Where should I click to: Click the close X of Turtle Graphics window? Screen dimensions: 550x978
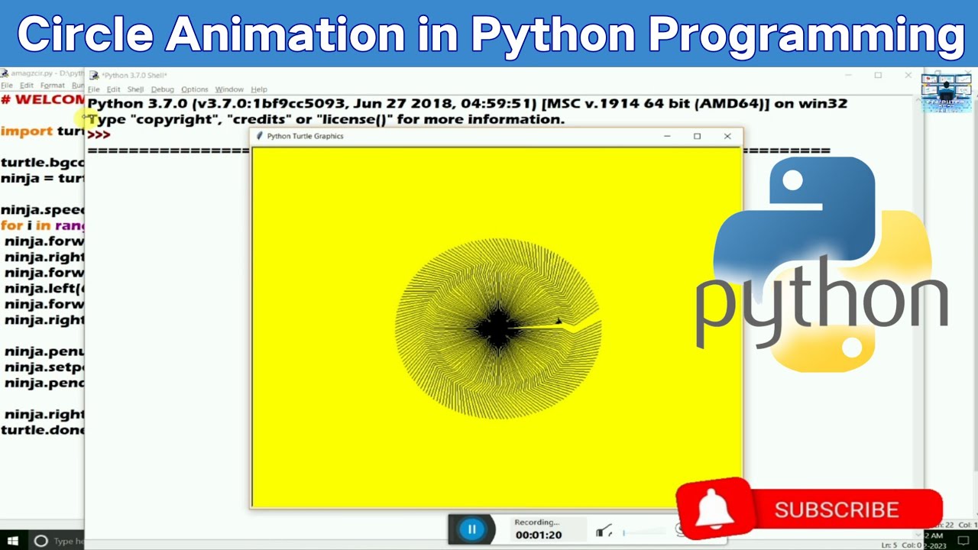(x=727, y=136)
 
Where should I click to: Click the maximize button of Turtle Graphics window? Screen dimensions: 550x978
(x=697, y=136)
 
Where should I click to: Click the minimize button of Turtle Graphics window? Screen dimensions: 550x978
(x=667, y=136)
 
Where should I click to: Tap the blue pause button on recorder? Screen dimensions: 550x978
(x=471, y=529)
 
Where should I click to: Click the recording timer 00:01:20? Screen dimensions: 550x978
(x=538, y=535)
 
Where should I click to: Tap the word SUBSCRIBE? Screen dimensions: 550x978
(x=836, y=510)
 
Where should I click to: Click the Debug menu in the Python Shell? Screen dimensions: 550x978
(x=162, y=89)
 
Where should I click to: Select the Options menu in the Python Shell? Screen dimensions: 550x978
(x=194, y=89)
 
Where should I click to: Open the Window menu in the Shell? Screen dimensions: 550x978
(x=228, y=89)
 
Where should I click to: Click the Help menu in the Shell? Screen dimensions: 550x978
(x=259, y=89)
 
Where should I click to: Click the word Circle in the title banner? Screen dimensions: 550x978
(x=84, y=34)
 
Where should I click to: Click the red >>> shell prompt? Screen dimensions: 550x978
(x=99, y=134)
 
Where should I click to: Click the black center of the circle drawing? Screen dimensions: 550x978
(x=497, y=328)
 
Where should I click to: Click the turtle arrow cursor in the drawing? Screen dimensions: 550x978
(x=559, y=322)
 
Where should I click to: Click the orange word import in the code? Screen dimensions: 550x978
(x=27, y=131)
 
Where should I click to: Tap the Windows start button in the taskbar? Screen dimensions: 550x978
(x=13, y=541)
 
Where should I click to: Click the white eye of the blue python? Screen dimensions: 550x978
(x=792, y=181)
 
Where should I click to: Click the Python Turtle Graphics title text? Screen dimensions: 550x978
(x=305, y=136)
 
